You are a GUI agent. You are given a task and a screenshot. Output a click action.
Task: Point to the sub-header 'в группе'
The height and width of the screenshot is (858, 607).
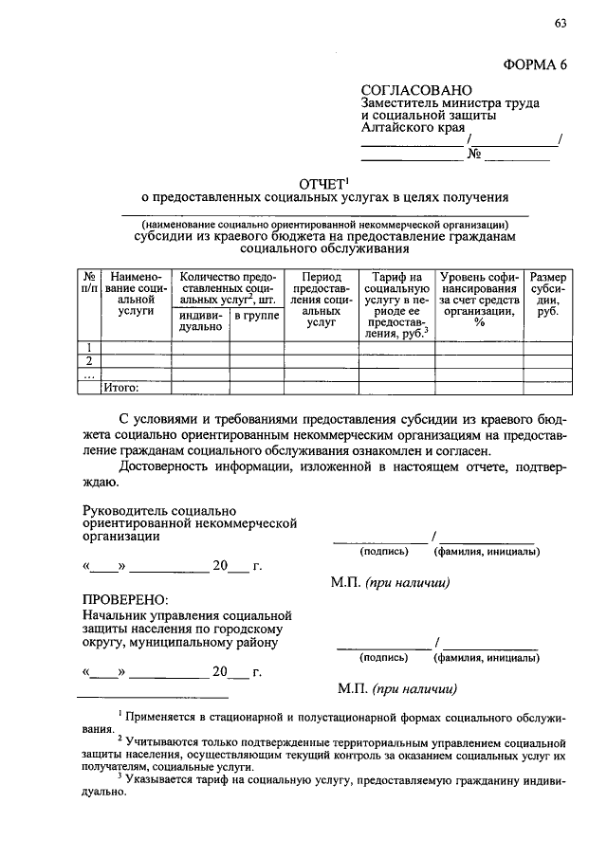click(257, 315)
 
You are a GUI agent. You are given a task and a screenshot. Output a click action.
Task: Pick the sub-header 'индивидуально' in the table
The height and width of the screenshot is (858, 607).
click(199, 320)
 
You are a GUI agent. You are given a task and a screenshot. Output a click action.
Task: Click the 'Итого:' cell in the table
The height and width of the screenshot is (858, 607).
click(121, 387)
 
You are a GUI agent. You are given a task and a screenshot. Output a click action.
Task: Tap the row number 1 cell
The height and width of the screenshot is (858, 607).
click(88, 347)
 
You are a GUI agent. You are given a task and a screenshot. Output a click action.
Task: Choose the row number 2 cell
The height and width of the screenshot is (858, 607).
click(88, 360)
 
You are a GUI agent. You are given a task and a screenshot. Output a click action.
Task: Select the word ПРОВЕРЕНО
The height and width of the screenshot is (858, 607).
click(124, 599)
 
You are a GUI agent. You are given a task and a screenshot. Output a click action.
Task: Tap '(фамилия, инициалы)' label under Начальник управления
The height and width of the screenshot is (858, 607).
click(487, 656)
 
